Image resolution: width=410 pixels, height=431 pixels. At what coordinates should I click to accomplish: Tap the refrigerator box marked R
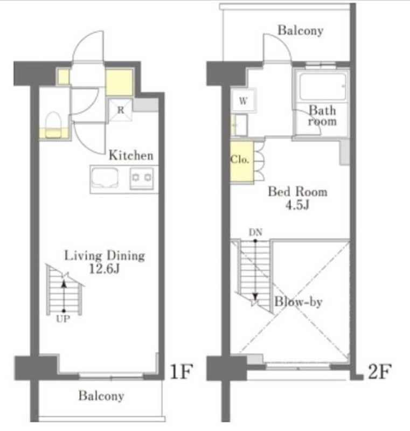point(120,110)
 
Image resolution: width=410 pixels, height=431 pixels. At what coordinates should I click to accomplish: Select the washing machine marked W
point(243,101)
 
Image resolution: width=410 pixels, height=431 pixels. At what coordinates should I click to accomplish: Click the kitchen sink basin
point(105,178)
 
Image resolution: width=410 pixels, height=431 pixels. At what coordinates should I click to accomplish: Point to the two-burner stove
point(142,178)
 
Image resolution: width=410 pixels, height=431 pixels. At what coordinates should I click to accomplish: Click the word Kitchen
point(131,155)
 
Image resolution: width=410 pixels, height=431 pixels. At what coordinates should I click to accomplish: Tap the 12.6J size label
point(104,269)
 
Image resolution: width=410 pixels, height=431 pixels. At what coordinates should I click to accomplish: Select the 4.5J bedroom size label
point(297,205)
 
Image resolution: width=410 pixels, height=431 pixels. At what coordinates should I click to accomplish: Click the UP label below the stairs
point(63,319)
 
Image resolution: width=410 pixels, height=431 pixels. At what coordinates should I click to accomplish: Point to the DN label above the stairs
point(255,233)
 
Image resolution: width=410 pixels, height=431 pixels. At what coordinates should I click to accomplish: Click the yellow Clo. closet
point(241,161)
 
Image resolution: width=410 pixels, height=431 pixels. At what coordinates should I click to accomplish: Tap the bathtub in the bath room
point(322,87)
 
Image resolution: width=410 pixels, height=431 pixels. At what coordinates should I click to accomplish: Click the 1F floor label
point(182,372)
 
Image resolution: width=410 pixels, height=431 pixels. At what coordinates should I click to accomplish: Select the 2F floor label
point(379,372)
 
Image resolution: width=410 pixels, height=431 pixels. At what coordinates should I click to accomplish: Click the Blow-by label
point(298,302)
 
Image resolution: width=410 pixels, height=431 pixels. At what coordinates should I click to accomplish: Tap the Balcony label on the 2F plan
point(300,30)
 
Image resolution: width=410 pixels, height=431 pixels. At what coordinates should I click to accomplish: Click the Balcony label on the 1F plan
point(101,396)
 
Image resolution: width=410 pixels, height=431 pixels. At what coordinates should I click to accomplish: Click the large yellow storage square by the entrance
point(119,82)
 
